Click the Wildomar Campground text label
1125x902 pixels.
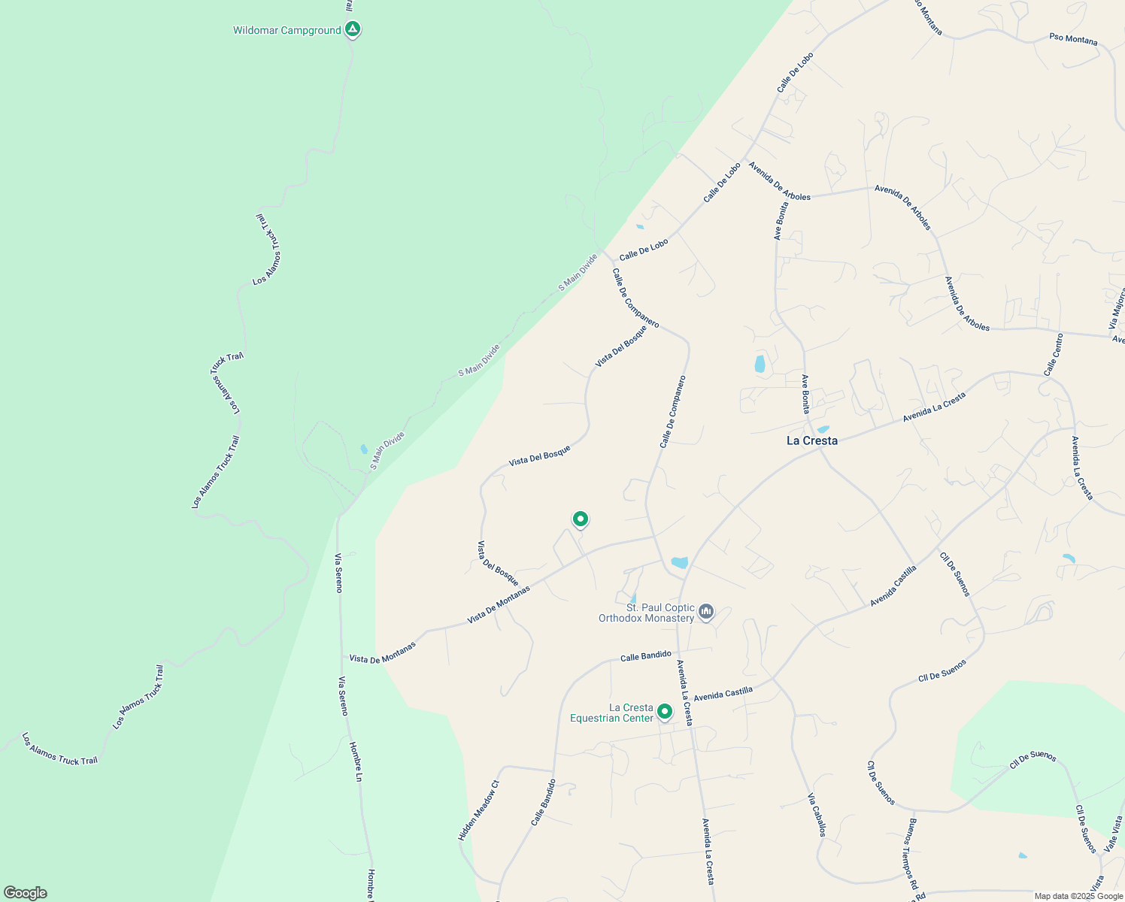pos(287,31)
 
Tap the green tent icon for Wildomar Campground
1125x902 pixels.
pos(352,29)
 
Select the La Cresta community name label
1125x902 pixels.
pos(811,440)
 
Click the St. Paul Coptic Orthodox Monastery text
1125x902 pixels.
pos(647,613)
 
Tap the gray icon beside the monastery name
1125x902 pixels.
pos(705,612)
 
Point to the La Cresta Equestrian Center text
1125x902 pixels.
pos(611,713)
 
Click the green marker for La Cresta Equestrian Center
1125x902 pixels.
pos(665,711)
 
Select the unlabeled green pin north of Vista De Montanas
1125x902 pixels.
pos(580,519)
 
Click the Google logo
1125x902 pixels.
pos(25,893)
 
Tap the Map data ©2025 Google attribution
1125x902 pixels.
pos(1078,896)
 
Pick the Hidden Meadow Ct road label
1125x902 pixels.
pos(478,810)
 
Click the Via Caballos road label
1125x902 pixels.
pos(817,815)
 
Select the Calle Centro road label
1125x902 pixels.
pos(1054,355)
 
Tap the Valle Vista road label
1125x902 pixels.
pos(1114,834)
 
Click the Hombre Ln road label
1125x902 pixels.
pos(354,761)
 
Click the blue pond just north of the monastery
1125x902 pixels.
pos(679,562)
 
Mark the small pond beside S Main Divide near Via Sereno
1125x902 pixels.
pos(364,449)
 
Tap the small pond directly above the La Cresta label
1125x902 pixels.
pos(823,429)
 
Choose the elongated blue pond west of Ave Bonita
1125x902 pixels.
pos(760,365)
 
